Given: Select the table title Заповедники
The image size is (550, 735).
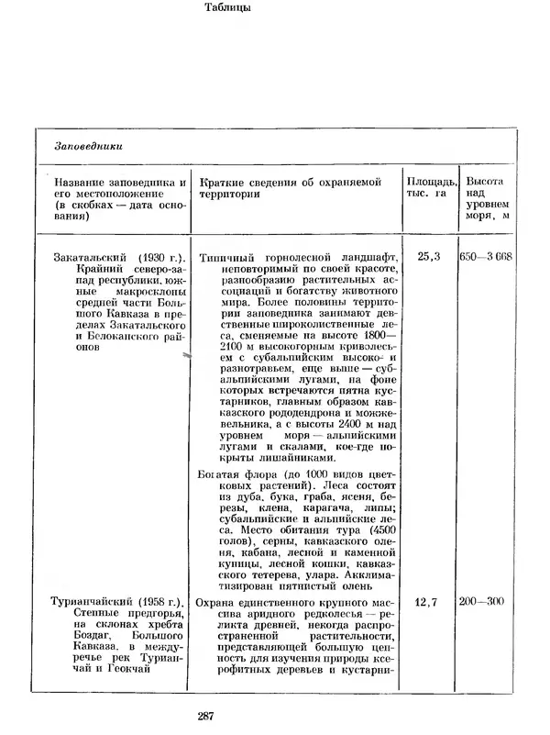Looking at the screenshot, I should coord(89,146).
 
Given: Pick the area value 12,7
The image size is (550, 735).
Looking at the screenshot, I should coord(428,603).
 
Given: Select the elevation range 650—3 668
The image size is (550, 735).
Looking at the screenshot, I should coord(486,258).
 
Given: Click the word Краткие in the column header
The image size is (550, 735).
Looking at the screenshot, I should coord(223,182).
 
